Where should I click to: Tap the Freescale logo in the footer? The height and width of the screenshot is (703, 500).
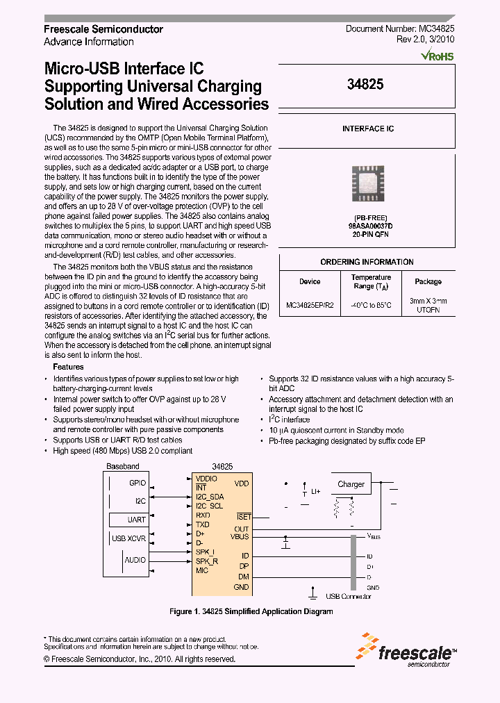pos(407,650)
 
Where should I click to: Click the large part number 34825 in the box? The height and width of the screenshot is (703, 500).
pos(365,84)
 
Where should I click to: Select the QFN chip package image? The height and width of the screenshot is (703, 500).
pos(368,184)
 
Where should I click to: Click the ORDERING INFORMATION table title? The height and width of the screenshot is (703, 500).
pos(367,262)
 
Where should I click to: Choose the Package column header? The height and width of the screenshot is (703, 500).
pos(428,281)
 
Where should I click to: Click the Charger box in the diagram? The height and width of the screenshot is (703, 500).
pos(351,484)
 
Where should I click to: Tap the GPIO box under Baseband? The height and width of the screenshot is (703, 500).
pos(137,482)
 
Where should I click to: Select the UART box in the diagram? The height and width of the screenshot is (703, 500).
pos(137,519)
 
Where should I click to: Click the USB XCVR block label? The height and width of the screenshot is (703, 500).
pos(128,538)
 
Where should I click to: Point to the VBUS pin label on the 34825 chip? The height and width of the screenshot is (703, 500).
pos(240,536)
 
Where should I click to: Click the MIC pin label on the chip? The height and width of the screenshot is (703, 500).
pos(202,570)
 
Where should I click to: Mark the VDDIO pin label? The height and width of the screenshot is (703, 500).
pos(206,479)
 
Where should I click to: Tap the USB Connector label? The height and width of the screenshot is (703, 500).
pos(348,596)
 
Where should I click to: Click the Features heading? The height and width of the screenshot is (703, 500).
pos(68,367)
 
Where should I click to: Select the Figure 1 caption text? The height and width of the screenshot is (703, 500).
pos(251,611)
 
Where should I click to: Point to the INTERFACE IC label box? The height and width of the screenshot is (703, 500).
pos(367,129)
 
